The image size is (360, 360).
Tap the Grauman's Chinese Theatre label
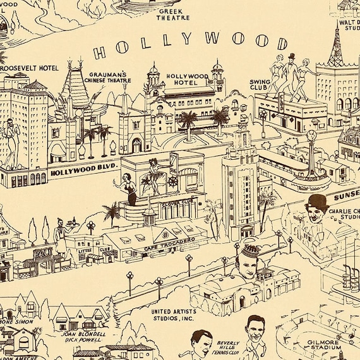coord(110,76)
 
